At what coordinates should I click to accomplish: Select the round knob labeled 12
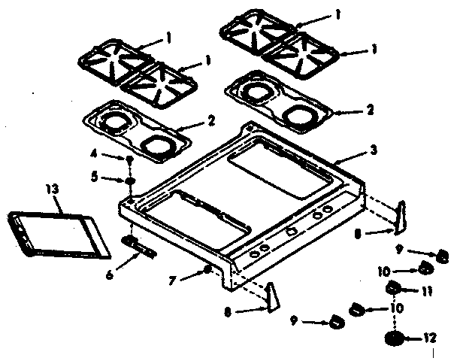394,339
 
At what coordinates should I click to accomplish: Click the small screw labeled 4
130,160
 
